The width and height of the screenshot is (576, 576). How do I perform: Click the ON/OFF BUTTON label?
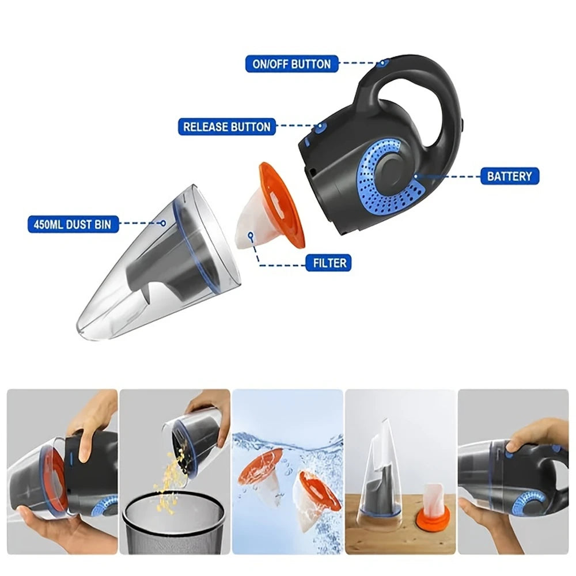click(292, 63)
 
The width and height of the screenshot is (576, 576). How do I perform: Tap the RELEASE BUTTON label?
click(227, 127)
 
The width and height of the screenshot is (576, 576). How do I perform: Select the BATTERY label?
click(510, 176)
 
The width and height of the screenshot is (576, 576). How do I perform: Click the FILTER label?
click(330, 263)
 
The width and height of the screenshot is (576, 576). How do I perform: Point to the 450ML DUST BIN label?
click(73, 223)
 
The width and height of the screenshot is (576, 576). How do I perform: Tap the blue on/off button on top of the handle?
click(383, 62)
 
